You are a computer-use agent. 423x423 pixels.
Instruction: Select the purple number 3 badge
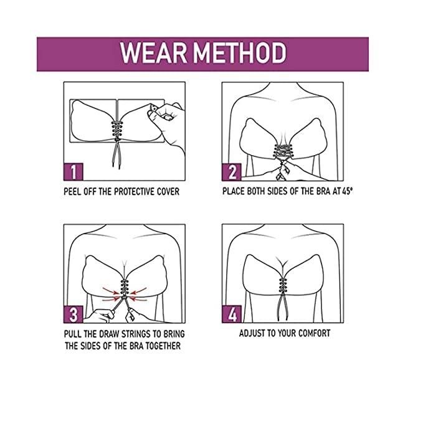[74, 313]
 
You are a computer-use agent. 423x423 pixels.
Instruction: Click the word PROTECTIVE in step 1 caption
[135, 191]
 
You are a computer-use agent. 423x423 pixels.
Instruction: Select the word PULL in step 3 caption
[72, 334]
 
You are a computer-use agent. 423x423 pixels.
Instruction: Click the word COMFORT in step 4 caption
[311, 333]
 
